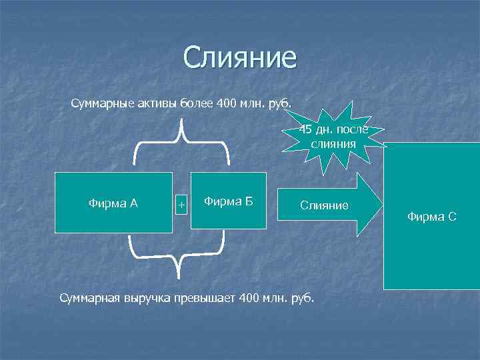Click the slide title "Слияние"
[x=239, y=58]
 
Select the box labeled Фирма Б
[x=228, y=201]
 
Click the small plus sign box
[x=181, y=203]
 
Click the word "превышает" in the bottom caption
[x=203, y=297]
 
